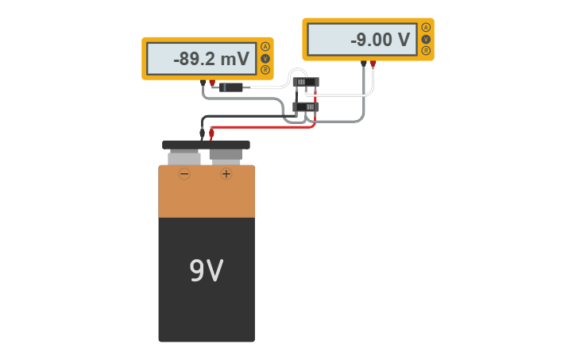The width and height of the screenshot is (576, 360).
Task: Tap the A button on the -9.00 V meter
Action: (426, 27)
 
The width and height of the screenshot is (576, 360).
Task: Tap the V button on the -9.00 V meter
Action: (426, 39)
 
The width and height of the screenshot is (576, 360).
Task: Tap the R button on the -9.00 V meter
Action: (426, 51)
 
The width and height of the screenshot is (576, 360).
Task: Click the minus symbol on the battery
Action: (184, 173)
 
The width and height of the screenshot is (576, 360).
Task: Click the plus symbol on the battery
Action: (226, 173)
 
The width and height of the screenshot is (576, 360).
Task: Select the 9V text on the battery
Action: (206, 272)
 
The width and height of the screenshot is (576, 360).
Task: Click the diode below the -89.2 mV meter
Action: (231, 87)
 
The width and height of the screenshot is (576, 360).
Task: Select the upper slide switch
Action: (305, 81)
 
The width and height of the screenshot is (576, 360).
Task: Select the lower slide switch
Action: (305, 106)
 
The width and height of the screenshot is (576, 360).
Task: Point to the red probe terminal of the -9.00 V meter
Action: (373, 64)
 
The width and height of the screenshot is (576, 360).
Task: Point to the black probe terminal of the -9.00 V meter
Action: (364, 64)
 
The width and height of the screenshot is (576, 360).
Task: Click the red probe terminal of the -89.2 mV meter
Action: (212, 83)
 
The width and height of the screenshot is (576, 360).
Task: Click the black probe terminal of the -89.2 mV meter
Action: (203, 83)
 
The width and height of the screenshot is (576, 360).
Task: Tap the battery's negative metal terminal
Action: (184, 156)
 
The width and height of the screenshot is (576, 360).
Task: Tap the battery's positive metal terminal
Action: (226, 156)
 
